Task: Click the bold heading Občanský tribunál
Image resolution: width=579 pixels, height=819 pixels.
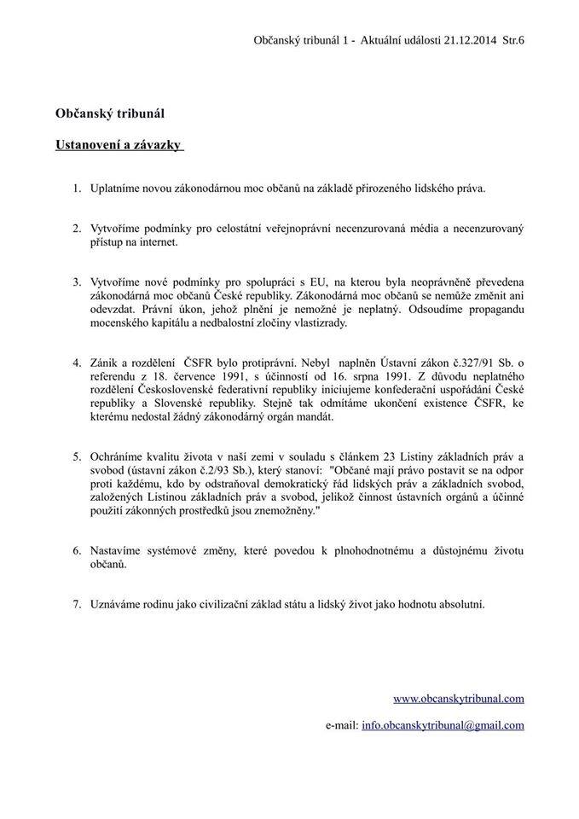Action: point(109,112)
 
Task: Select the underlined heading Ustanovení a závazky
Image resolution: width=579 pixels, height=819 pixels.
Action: point(119,144)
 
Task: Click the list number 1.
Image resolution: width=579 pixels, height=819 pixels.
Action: point(76,188)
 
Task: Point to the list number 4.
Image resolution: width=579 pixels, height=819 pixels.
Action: point(76,363)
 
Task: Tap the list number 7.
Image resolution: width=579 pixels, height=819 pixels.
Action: point(76,604)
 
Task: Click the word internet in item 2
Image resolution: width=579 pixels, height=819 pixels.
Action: point(153,241)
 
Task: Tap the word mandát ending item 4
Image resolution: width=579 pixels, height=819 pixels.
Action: point(312,418)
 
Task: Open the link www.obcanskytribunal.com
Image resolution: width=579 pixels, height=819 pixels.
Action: point(459,698)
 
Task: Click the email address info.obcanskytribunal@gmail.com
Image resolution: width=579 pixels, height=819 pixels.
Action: point(443,725)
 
